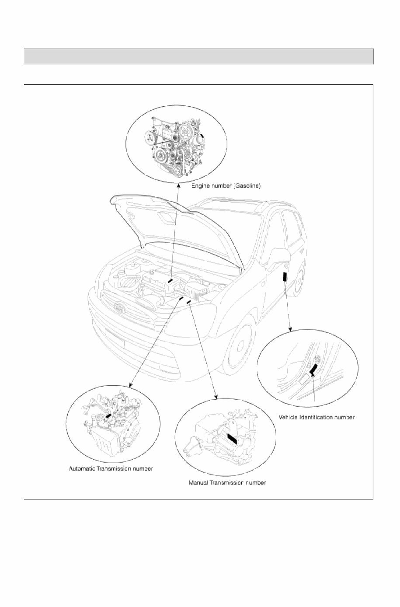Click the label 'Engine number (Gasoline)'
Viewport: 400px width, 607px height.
pyautogui.click(x=226, y=186)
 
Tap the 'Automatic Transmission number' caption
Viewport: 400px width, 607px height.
pyautogui.click(x=111, y=469)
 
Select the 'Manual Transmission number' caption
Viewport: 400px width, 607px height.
pyautogui.click(x=227, y=483)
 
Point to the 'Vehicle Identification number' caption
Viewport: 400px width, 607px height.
pyautogui.click(x=317, y=417)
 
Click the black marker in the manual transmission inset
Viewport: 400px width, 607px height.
pyautogui.click(x=231, y=439)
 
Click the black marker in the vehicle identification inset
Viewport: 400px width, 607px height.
pyautogui.click(x=313, y=370)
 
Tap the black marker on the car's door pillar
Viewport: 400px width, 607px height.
pyautogui.click(x=285, y=277)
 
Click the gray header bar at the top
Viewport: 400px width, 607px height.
pyautogui.click(x=198, y=56)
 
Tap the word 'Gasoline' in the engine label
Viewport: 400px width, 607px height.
pyautogui.click(x=247, y=186)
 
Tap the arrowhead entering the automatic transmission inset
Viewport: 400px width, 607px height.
pyautogui.click(x=130, y=385)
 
